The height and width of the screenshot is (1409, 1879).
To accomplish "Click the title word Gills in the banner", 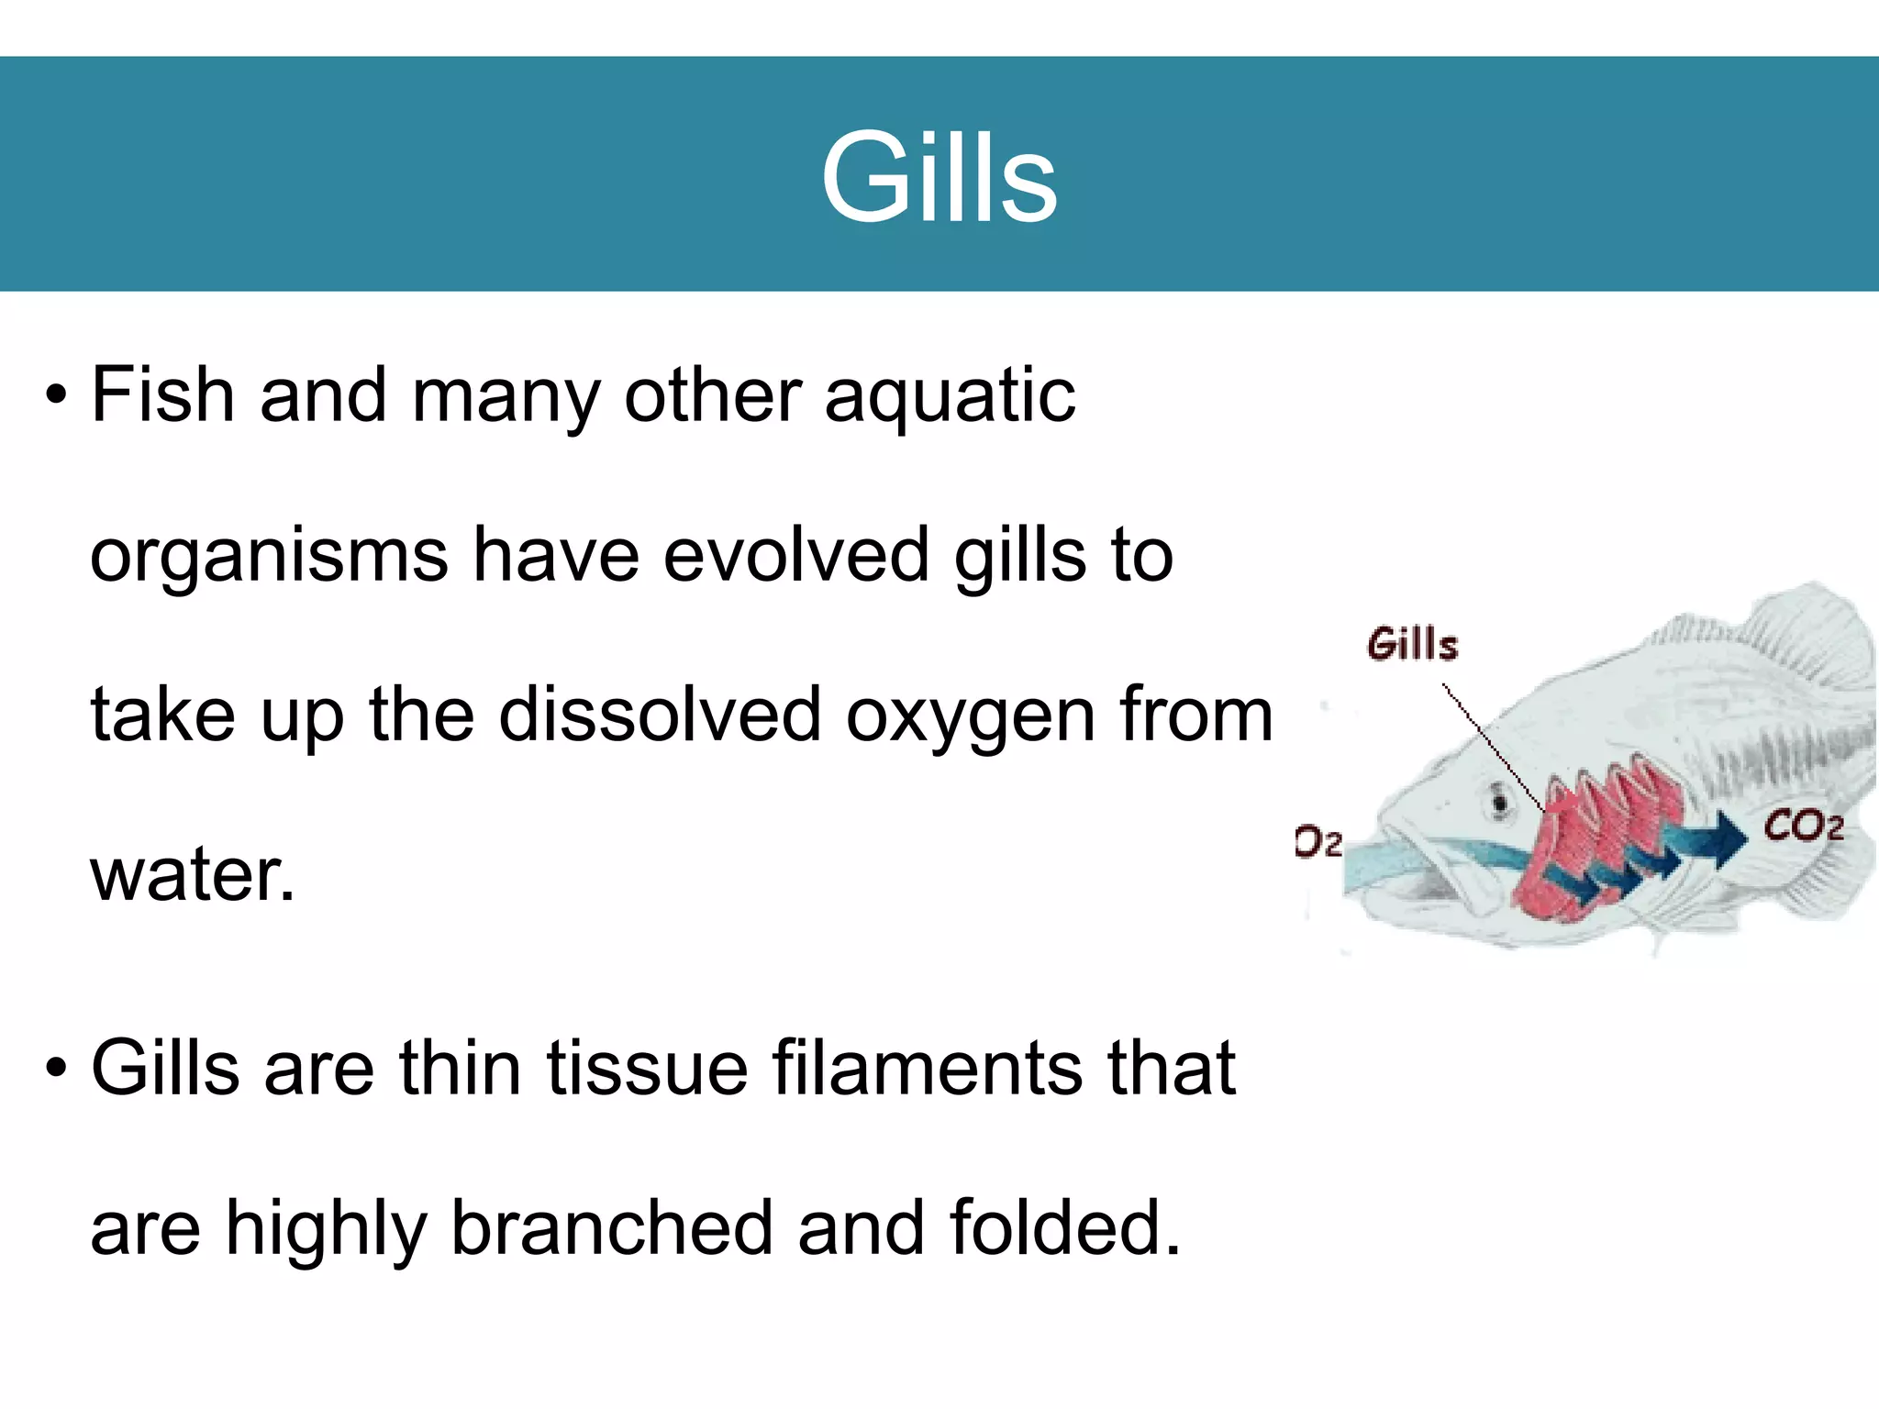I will (939, 176).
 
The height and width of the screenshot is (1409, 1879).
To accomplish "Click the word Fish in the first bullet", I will (163, 394).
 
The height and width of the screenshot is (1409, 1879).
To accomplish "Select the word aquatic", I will (950, 396).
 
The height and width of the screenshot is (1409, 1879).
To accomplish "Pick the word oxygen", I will (970, 716).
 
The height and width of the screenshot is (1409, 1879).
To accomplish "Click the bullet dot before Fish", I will (57, 396).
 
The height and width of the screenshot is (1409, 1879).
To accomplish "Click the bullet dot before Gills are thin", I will (57, 1069).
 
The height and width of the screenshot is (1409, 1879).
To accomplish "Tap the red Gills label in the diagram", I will (1412, 644).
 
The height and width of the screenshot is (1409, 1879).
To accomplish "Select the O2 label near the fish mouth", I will (1318, 841).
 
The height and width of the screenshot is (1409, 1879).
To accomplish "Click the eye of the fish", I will (1499, 802).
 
